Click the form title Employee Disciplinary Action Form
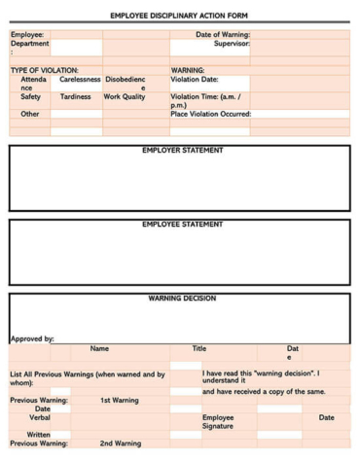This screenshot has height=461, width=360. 179,17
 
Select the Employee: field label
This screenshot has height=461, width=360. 27,35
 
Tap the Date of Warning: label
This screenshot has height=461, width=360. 223,35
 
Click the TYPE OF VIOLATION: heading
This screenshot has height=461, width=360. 44,70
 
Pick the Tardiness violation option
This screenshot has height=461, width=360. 75,97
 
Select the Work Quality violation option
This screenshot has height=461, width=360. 125,97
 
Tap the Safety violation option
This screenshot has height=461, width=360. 30,97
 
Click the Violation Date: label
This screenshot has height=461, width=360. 195,80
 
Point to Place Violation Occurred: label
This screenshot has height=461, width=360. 211,114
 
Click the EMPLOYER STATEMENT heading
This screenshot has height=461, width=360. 182,151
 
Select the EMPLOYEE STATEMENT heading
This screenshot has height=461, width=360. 182,225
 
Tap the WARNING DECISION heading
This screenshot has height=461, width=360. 182,299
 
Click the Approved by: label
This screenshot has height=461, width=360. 32,339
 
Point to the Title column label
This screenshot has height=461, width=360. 198,348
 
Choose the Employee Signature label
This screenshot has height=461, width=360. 218,421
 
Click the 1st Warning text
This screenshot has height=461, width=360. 120,400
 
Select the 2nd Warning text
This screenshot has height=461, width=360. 121,443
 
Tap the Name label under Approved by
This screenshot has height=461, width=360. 99,348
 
